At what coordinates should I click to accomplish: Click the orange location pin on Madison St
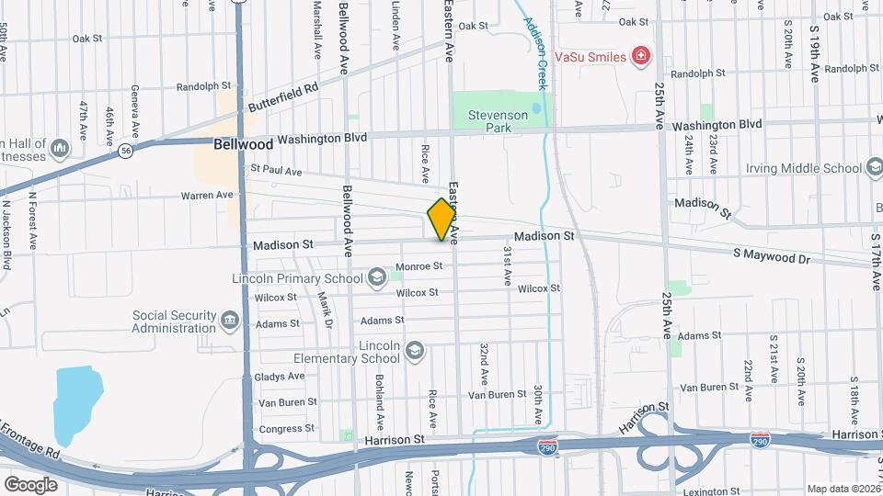tap(441, 220)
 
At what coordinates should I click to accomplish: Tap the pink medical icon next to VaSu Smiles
tap(641, 57)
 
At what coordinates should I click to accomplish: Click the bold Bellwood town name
tap(243, 144)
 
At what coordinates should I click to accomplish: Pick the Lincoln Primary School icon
tap(376, 276)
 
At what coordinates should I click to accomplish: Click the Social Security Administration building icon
tap(229, 321)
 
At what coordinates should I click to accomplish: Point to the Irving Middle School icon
tap(874, 167)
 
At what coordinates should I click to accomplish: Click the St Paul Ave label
tap(276, 171)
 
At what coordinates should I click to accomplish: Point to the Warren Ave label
tap(207, 195)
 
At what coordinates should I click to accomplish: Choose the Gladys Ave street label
tap(281, 377)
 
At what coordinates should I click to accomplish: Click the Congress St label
tap(280, 428)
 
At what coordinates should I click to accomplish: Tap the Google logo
tap(29, 484)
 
